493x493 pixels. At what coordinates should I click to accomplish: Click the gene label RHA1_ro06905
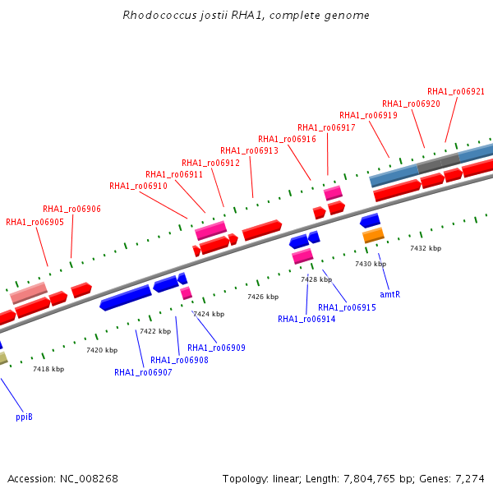[35, 222]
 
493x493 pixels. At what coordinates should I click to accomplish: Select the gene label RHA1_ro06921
[456, 91]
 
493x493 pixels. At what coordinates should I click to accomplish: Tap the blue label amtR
[389, 294]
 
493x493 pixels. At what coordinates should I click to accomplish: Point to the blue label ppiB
[24, 417]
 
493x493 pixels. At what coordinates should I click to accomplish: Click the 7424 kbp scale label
[209, 314]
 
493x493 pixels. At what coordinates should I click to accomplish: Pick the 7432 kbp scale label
[426, 248]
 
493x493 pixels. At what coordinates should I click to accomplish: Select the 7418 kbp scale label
[48, 369]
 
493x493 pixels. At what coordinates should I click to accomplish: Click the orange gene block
[373, 235]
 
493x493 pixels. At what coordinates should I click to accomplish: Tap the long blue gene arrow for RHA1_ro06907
[126, 297]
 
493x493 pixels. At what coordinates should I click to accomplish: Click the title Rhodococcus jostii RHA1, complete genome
[246, 15]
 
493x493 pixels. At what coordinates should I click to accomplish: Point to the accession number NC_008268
[89, 479]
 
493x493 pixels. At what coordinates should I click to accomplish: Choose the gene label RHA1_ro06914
[306, 319]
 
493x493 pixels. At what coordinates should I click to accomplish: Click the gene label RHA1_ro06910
[138, 186]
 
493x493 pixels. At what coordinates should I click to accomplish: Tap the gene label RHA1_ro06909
[216, 348]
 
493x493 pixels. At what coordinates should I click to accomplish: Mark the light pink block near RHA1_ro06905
[29, 293]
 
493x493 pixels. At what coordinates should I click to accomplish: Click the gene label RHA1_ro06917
[326, 127]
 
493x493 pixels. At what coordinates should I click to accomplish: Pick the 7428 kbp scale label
[316, 279]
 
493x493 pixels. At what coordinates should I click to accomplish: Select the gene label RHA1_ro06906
[71, 209]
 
